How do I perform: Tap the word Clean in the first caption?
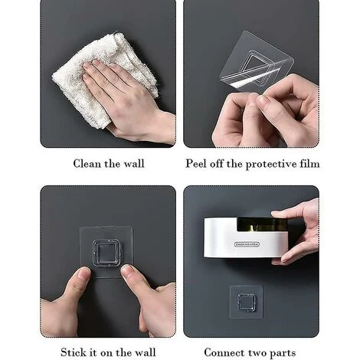point(87,164)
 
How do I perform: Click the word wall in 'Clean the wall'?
point(134,164)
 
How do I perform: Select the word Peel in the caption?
point(196,164)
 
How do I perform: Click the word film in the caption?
point(309,164)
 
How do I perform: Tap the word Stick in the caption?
point(74,352)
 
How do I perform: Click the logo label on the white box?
point(247,244)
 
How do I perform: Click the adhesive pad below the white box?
point(246,302)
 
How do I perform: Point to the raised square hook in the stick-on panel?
point(106,253)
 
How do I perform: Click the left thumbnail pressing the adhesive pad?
point(83,273)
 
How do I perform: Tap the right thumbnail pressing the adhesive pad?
point(126,270)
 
